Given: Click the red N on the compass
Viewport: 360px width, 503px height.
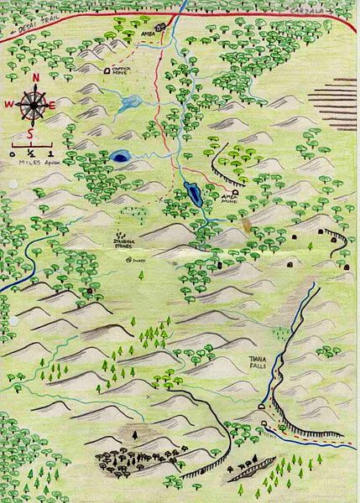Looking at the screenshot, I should pyautogui.click(x=36, y=79).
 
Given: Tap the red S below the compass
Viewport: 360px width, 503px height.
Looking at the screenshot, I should pyautogui.click(x=31, y=133).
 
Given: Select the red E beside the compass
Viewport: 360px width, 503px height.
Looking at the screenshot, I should pyautogui.click(x=53, y=105).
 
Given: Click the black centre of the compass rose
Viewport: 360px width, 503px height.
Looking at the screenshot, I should pyautogui.click(x=32, y=105).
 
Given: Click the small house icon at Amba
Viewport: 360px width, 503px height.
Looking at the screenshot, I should pyautogui.click(x=157, y=27).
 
